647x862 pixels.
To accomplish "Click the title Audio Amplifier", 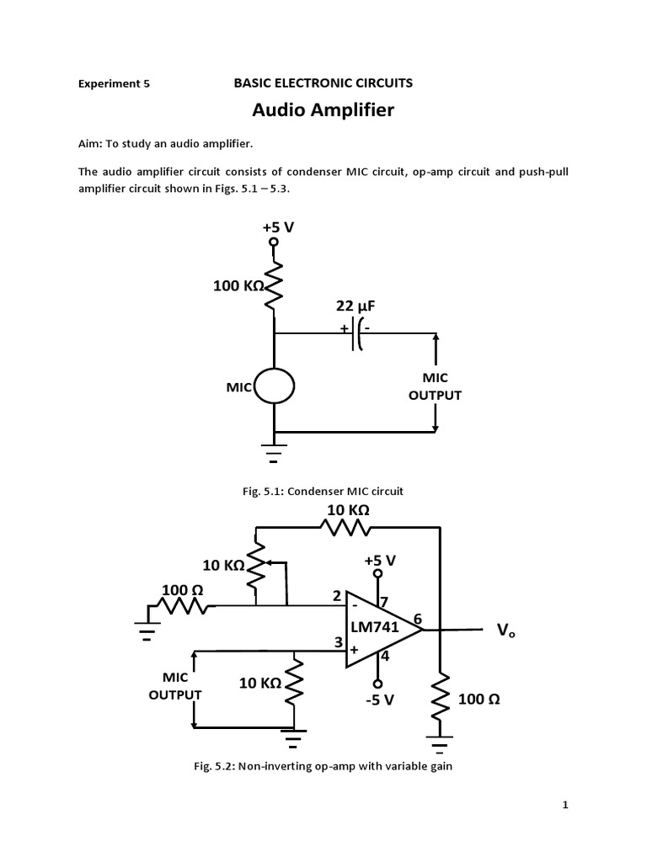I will click(323, 110).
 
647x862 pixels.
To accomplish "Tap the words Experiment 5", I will click(114, 84).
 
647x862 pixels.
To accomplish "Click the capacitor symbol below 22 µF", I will click(359, 333).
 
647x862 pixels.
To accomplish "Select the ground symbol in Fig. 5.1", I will click(275, 455).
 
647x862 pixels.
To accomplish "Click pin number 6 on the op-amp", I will click(415, 618).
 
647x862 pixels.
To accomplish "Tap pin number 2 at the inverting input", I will click(336, 596).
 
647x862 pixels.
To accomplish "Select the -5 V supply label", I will click(379, 699).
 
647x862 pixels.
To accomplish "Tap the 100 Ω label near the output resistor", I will click(479, 699).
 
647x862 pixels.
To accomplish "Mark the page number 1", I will click(566, 806).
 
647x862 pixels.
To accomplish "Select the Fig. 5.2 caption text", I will click(323, 766).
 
